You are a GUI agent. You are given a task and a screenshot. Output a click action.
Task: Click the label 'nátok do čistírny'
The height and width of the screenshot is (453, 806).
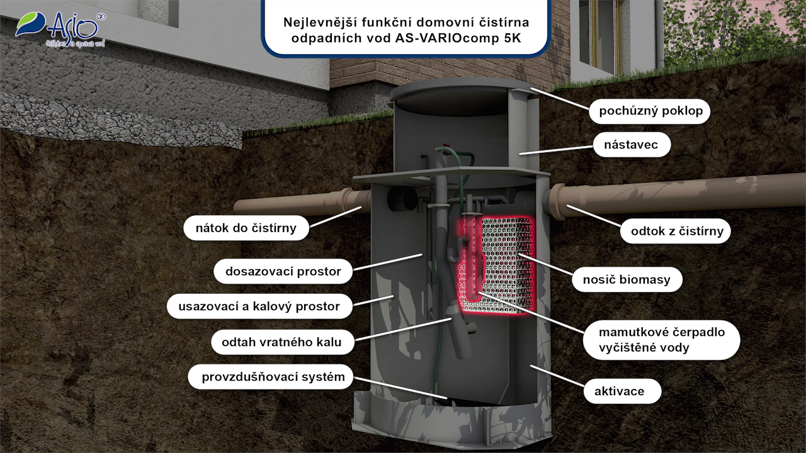tap(246, 228)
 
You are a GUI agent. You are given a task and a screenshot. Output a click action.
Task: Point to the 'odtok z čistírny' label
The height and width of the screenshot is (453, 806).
tap(677, 231)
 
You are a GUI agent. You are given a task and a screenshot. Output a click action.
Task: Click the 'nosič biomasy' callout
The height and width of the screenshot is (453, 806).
tap(627, 279)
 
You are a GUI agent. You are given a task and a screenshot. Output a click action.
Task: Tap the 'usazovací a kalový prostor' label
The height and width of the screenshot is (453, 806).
tap(259, 306)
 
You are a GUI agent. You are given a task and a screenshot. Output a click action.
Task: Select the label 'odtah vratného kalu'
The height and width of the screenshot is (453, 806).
tap(281, 342)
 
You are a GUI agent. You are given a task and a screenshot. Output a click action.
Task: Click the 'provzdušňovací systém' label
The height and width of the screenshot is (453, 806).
tap(273, 377)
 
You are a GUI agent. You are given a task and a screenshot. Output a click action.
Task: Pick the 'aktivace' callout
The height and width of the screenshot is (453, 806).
tap(620, 391)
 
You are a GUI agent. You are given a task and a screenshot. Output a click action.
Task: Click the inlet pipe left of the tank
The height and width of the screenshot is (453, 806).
tap(296, 206)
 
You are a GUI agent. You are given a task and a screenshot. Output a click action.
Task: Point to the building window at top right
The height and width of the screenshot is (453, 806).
tap(598, 35)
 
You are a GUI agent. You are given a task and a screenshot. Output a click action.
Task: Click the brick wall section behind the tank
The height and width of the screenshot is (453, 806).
tap(359, 72)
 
